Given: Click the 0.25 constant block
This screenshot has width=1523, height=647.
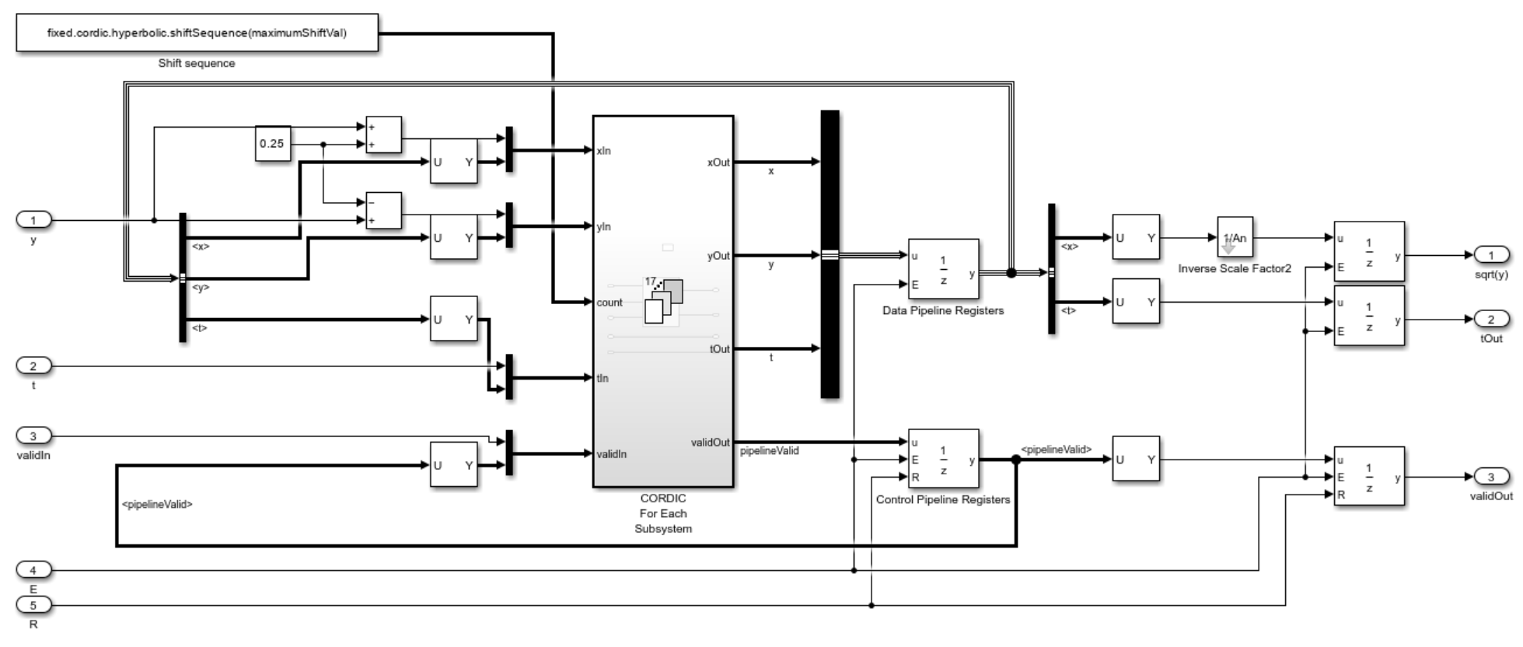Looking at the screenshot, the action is point(273,144).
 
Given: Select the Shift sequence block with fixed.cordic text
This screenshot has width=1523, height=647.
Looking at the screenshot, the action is point(197,33).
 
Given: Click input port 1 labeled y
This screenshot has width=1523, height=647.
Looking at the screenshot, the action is point(33,220).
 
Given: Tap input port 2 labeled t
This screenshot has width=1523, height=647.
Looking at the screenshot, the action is point(33,365).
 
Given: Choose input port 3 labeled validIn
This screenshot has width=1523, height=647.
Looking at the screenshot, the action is point(33,435).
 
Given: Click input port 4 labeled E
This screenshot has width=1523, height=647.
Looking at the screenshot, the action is point(33,570).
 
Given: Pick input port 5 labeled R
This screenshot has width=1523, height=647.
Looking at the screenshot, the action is point(33,604).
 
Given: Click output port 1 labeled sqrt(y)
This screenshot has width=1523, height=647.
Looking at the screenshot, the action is point(1491,255).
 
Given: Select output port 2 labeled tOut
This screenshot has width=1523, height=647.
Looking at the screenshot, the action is point(1491,319).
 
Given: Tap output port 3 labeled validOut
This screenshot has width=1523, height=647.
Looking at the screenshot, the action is point(1491,477).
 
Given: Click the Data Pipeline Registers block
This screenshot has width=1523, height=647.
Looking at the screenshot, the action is point(943,269).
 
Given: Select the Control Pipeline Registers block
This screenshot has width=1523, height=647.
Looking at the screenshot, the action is point(943,459).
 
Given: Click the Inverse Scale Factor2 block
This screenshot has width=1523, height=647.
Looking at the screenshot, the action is point(1235,237).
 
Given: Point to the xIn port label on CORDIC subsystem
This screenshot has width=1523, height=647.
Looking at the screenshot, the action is point(603,151).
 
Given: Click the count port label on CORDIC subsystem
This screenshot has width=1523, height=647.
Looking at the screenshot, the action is point(610,302).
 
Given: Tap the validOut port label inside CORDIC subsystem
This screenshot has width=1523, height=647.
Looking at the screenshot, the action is point(710,442).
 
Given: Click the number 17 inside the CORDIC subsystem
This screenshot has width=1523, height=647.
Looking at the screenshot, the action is point(650,282).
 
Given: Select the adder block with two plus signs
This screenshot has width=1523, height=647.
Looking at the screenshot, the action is point(383,135).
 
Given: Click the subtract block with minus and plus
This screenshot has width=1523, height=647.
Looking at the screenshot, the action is point(383,211).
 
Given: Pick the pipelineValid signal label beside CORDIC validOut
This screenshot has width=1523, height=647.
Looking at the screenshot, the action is point(770,450).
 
